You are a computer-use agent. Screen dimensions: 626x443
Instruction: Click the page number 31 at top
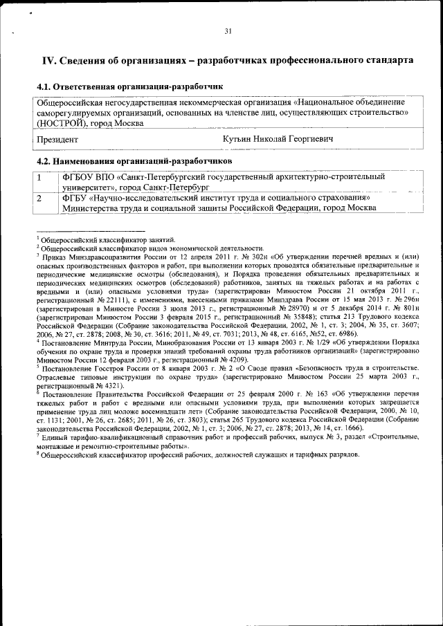coord(228,30)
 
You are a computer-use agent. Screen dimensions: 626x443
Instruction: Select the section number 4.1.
coord(44,87)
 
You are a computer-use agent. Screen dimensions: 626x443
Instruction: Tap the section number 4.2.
coord(44,160)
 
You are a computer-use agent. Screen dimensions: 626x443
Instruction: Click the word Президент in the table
coord(57,139)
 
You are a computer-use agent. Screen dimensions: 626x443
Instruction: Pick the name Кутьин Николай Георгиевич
coord(278,139)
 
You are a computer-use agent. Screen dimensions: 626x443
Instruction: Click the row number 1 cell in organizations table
coord(40,177)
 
